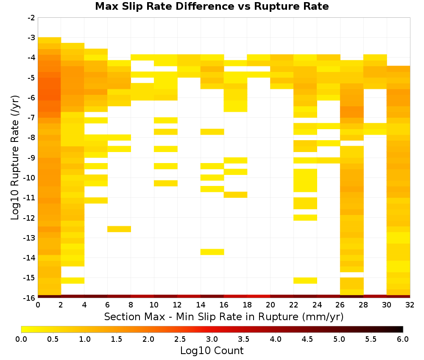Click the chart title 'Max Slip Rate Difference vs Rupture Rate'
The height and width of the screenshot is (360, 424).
[212, 6]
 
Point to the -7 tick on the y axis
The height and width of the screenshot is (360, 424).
[32, 118]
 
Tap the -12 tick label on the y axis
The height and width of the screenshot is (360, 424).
[30, 218]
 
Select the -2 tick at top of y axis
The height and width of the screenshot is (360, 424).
[32, 18]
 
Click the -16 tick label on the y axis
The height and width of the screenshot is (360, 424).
[30, 298]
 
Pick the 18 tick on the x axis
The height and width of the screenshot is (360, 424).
[247, 305]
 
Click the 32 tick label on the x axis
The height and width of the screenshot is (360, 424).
[410, 305]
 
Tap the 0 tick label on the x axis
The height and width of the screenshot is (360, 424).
[38, 305]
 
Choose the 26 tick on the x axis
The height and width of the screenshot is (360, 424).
[340, 305]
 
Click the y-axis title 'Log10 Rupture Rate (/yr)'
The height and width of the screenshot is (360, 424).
[15, 158]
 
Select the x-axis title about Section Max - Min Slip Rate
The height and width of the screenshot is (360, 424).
[224, 316]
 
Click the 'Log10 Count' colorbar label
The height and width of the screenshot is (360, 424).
[212, 351]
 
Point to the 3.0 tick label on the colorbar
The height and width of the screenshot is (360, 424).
[212, 339]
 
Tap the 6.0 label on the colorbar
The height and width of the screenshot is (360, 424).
[403, 339]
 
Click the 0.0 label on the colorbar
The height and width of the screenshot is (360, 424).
[21, 339]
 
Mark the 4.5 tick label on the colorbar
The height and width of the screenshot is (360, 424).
[307, 339]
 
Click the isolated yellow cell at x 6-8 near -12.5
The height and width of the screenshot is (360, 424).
[119, 229]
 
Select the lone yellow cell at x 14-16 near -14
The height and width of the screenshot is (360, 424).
[212, 252]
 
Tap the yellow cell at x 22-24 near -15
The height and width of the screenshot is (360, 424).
[305, 280]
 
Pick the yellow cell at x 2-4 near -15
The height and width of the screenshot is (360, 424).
[73, 280]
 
